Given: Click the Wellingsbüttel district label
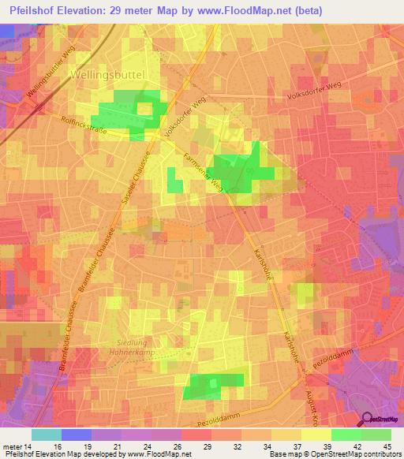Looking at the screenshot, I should pyautogui.click(x=115, y=74).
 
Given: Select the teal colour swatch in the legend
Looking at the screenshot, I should pyautogui.click(x=47, y=435).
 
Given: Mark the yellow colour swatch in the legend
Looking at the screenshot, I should pyautogui.click(x=316, y=435).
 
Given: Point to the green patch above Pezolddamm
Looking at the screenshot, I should pyautogui.click(x=211, y=386).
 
